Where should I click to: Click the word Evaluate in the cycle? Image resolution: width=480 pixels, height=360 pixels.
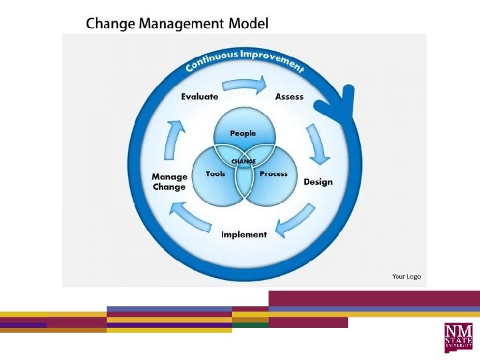pos(199,97)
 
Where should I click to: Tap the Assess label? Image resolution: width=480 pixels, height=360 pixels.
pos(289,97)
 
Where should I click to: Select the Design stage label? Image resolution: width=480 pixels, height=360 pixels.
pos(318,182)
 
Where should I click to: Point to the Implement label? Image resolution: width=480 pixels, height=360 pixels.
pos(244,235)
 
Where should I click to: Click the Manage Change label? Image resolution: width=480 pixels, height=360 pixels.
pos(169,182)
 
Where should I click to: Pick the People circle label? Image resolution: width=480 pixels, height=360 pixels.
pos(243,133)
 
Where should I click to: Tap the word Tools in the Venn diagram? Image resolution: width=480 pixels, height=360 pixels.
pos(215,174)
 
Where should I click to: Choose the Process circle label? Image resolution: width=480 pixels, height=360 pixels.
pos(273,174)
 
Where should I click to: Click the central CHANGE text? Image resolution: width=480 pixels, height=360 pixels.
pos(243,161)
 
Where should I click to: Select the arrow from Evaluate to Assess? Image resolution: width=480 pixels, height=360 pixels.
pos(244,84)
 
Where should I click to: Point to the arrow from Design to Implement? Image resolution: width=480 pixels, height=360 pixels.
pos(297,221)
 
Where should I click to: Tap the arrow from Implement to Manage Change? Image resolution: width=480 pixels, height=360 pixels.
pos(190,219)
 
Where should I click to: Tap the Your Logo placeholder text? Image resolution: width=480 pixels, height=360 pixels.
pos(406,276)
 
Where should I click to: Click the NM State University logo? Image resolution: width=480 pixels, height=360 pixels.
pos(459,337)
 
